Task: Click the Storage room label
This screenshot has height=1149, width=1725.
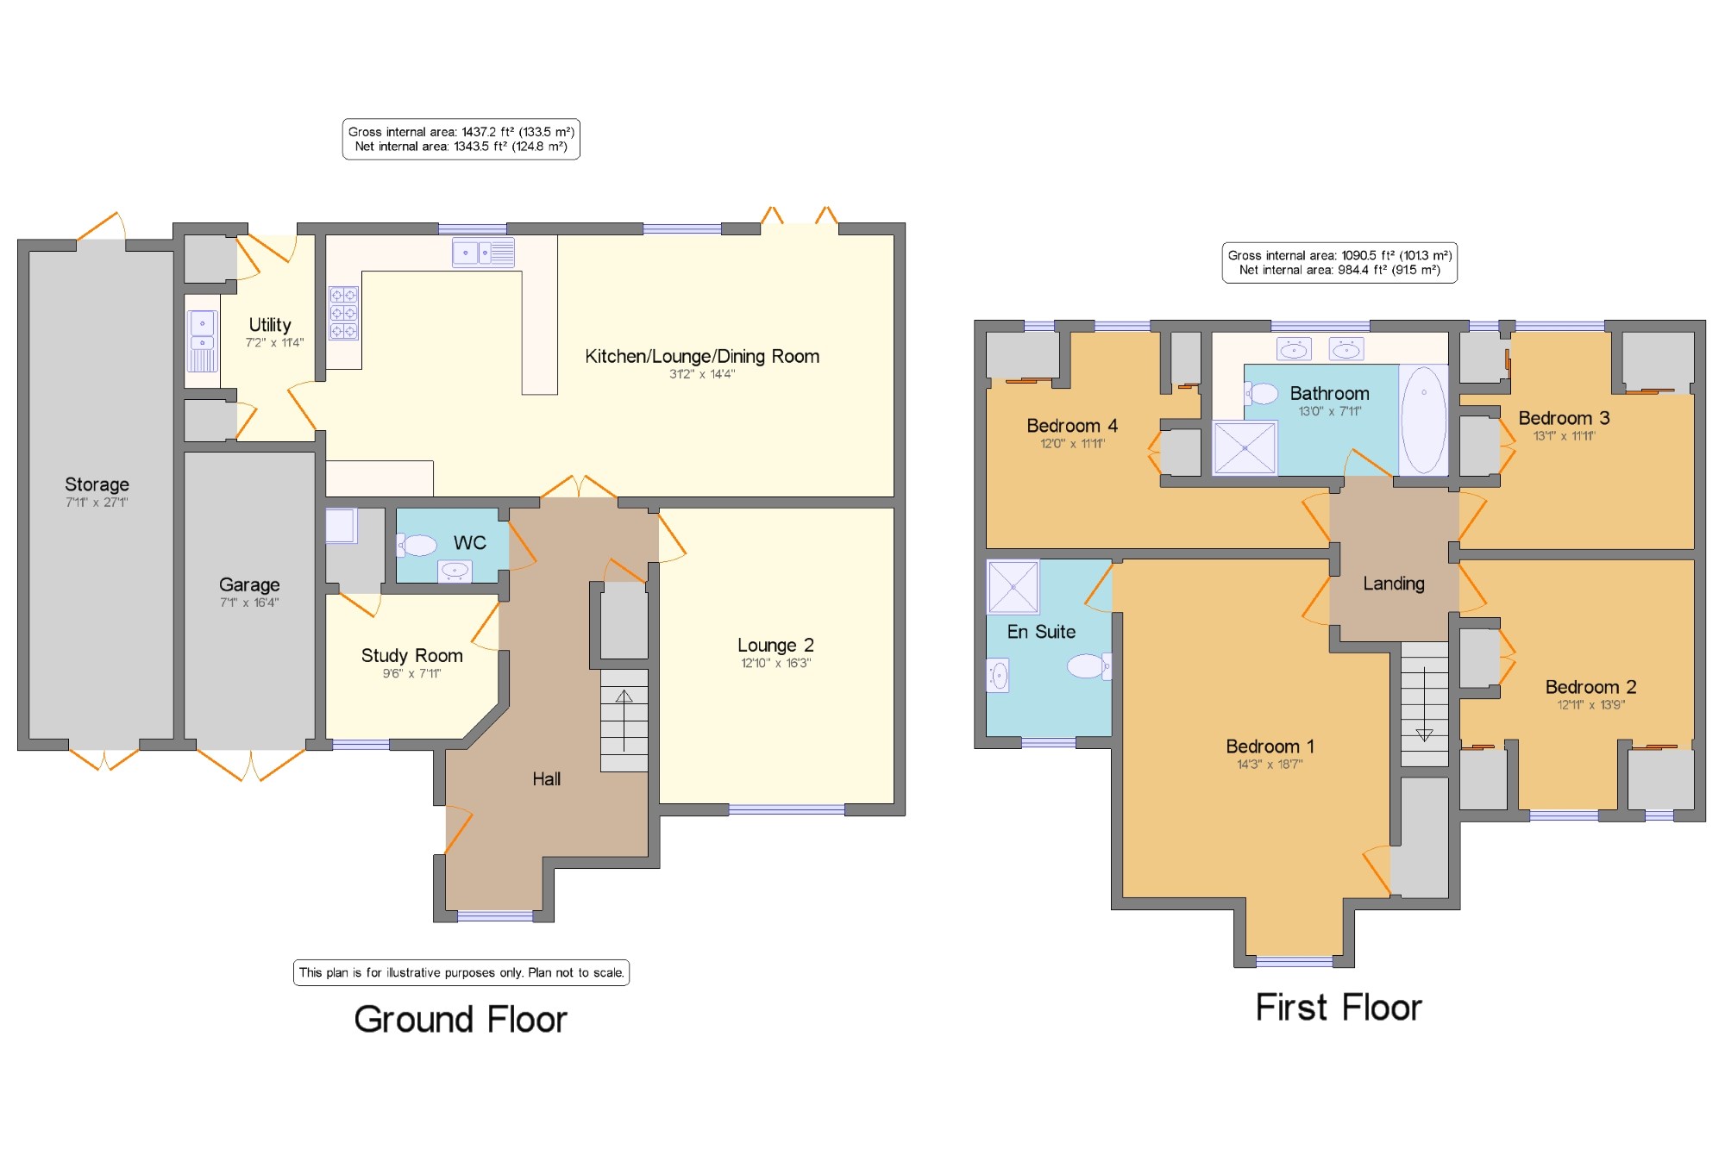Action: [97, 484]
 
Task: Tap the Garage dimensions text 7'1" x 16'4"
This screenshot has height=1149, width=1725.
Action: [249, 603]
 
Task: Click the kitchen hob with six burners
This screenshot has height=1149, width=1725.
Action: [343, 313]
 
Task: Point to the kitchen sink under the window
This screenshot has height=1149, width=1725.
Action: [484, 253]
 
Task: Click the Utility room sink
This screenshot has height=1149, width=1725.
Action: [202, 340]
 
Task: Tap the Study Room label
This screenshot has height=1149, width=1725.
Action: [411, 655]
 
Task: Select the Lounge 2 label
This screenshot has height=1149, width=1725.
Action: [775, 645]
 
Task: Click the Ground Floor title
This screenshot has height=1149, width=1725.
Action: [461, 1020]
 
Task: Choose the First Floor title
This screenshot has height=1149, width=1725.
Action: [1339, 1008]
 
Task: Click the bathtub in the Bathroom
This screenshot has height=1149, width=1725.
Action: [1423, 420]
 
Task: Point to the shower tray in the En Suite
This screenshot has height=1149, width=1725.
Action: [1013, 586]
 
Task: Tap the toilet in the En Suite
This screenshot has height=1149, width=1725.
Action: [1089, 665]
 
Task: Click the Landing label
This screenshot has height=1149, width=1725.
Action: [1394, 584]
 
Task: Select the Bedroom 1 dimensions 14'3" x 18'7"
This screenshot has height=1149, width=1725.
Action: [1270, 764]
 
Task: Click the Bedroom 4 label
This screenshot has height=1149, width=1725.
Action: [1072, 426]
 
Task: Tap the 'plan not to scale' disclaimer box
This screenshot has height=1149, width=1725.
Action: [461, 972]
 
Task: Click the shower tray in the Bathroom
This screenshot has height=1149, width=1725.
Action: [1245, 447]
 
